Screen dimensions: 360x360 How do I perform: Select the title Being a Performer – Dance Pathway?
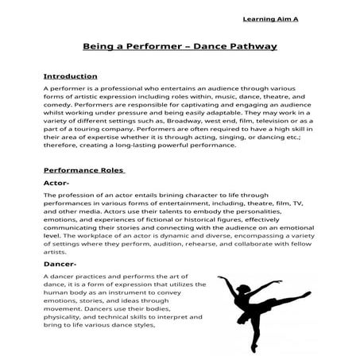(180, 47)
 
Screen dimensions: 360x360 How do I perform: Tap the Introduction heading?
(70, 76)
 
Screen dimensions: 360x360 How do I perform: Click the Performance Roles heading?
(83, 170)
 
